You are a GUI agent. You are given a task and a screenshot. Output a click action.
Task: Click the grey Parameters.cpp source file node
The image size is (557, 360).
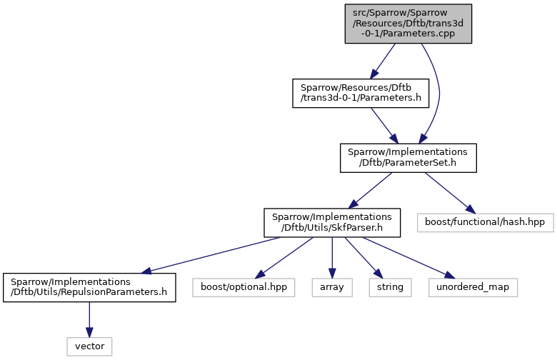(408, 24)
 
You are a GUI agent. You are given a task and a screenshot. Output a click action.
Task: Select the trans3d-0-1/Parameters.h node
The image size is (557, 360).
(361, 93)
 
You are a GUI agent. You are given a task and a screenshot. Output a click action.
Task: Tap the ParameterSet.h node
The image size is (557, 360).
(408, 158)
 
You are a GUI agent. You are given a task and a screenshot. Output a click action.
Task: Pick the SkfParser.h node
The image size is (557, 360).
(332, 223)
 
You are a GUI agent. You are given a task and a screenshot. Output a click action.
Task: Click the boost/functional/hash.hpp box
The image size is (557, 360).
(486, 223)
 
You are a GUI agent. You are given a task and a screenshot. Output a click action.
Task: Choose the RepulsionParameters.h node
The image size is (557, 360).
(89, 288)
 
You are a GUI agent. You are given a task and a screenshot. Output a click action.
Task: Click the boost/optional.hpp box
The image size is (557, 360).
(244, 288)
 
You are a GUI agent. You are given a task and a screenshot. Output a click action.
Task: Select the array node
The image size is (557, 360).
(332, 288)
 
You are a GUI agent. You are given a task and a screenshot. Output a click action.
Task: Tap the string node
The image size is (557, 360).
(390, 288)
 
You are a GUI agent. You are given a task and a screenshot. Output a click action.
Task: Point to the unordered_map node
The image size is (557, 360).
(473, 288)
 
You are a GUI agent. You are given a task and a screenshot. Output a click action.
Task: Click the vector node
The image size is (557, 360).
(89, 346)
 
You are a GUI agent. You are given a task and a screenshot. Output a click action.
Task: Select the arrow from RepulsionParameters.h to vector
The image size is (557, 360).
(89, 320)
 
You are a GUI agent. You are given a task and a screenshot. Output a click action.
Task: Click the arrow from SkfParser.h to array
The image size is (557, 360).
(332, 258)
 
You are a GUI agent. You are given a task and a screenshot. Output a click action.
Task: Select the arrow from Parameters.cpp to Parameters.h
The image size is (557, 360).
(383, 61)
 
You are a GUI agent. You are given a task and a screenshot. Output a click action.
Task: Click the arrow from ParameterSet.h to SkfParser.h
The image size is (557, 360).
(370, 191)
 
